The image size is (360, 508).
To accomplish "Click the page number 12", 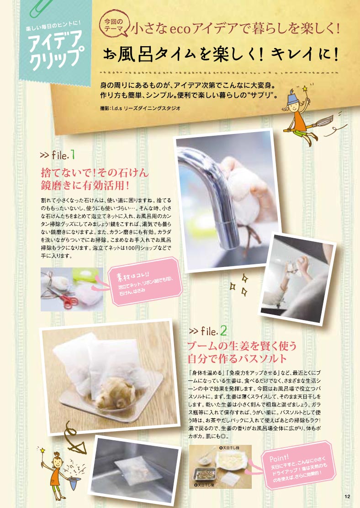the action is pos(347,496).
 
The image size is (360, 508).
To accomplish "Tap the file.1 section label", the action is pos(57,155).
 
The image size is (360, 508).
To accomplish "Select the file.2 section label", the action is pos(208,331).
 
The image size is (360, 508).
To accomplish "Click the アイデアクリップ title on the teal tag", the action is pos(55,51).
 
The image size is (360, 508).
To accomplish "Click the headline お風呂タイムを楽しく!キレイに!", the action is pos(221,53).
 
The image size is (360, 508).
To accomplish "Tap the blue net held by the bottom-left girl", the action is pos(74,481).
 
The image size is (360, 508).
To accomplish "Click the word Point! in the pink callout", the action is pos(279,458).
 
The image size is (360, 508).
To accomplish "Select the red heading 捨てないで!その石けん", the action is pos(95,172).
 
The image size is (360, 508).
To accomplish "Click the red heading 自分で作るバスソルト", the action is pos(237,358).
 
